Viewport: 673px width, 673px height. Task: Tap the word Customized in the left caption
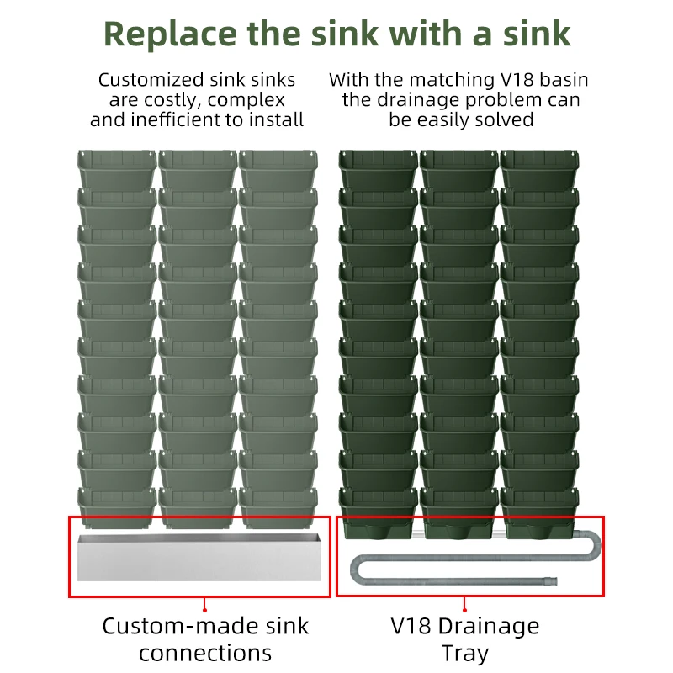click(151, 81)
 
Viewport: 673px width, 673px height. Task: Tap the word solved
click(504, 119)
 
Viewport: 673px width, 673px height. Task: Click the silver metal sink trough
click(199, 556)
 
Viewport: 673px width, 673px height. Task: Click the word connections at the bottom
click(205, 653)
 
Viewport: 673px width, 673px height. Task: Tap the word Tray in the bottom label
click(464, 653)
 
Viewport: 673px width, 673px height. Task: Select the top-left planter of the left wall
click(117, 167)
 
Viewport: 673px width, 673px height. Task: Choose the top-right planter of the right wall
click(539, 167)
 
